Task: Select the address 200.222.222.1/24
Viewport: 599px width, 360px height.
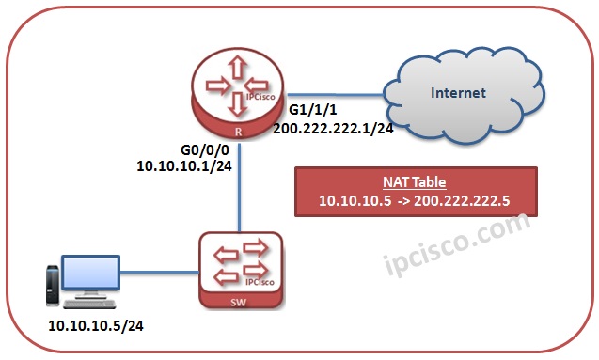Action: (x=333, y=129)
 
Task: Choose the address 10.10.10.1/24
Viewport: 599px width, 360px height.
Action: (x=184, y=165)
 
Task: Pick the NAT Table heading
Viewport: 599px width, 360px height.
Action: (x=415, y=182)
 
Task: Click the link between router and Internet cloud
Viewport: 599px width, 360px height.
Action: (x=339, y=94)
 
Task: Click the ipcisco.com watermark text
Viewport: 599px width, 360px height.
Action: (x=461, y=244)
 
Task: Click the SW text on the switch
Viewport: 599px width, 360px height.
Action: (x=240, y=304)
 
